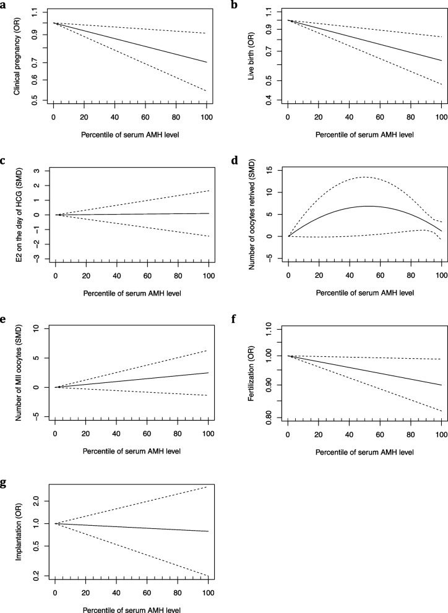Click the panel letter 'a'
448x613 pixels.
pos(4,5)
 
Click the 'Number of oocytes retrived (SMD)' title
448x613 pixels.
pos(251,207)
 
